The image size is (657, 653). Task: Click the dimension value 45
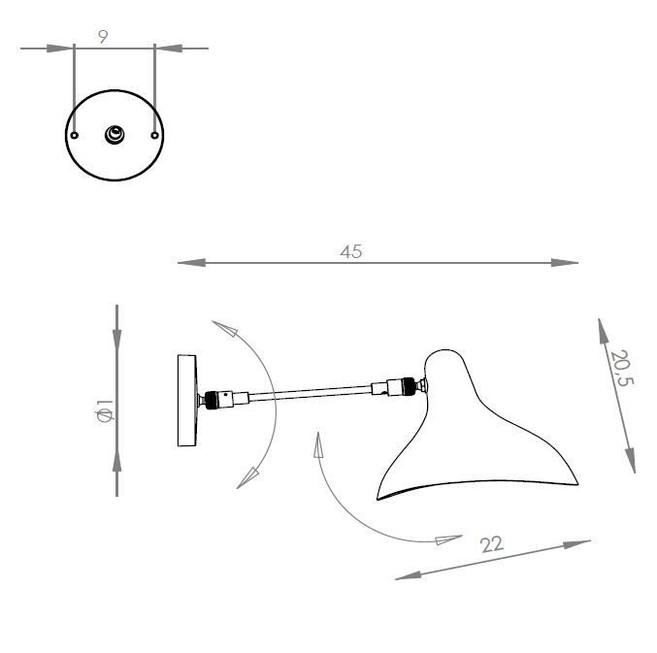350,251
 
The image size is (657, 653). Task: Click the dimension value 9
103,36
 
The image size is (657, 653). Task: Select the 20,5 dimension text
621,369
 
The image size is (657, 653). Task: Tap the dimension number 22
492,544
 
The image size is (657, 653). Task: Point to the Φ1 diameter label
105,411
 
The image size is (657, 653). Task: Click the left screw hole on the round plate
75,136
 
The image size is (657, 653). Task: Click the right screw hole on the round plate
154,136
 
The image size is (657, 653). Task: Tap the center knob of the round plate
115,135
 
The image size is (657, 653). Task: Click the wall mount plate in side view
186,401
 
